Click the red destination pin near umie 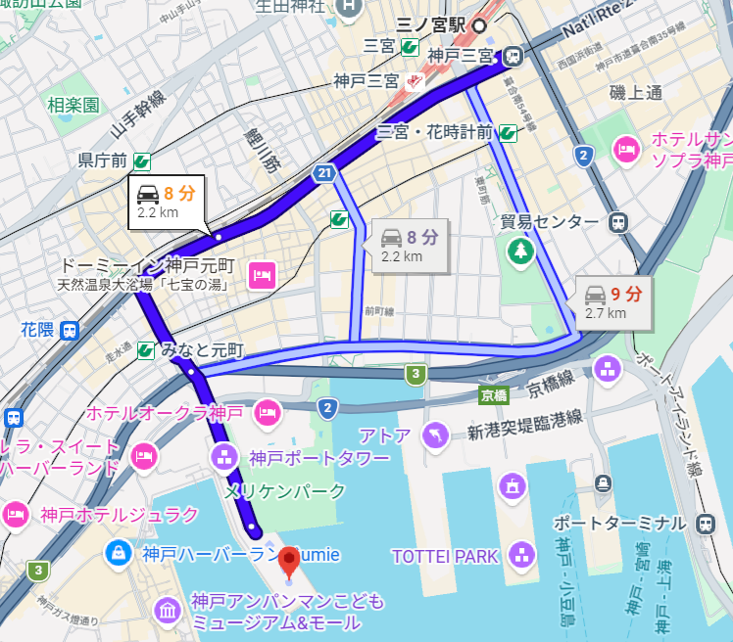click(x=289, y=561)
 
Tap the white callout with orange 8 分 click(x=168, y=202)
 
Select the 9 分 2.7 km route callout click(x=612, y=301)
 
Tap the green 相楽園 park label click(x=73, y=104)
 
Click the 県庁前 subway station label click(x=103, y=160)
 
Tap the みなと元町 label click(x=201, y=349)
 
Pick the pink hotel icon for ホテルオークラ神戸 click(x=266, y=413)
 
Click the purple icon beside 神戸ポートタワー click(x=225, y=456)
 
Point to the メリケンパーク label click(x=284, y=490)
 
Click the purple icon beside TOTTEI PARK click(x=522, y=556)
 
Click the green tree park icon click(x=519, y=252)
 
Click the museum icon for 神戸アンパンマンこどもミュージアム click(x=168, y=611)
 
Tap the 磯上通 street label click(x=635, y=93)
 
